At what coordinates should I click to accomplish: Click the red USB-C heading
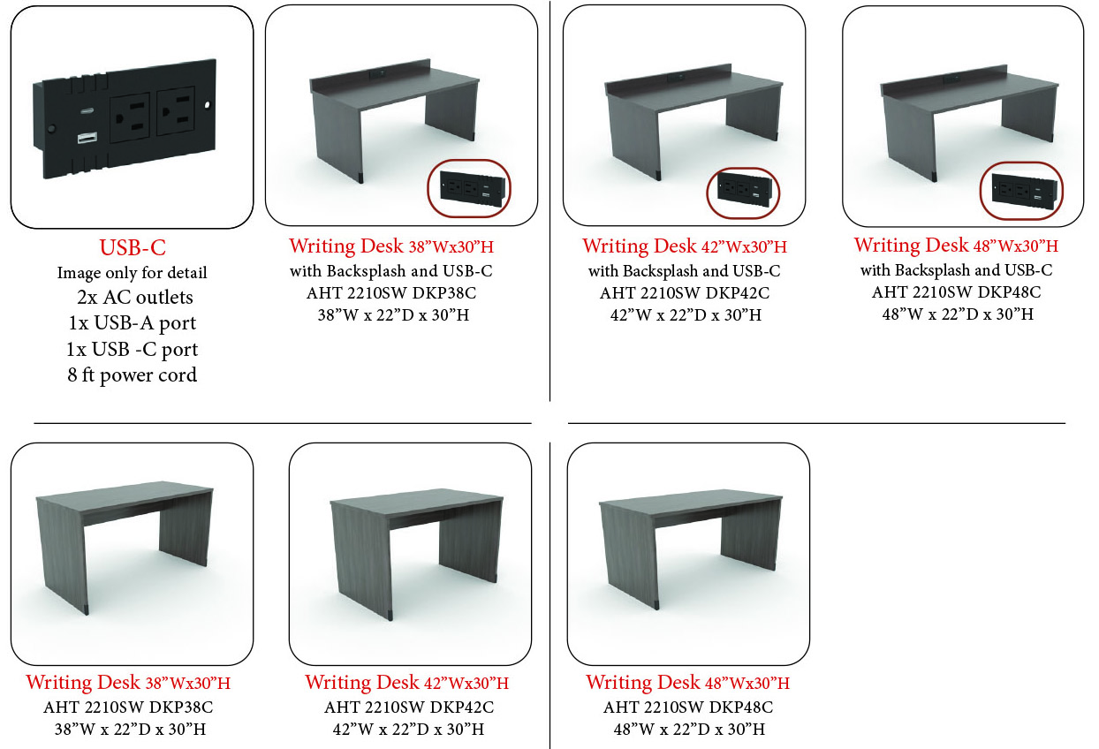pos(133,247)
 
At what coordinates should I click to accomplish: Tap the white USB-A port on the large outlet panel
pos(87,138)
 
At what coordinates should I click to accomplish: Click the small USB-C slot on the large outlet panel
pos(87,111)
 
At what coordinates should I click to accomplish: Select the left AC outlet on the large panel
pos(130,117)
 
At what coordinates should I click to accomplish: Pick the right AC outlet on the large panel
pos(176,111)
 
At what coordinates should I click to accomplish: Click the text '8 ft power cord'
pos(132,375)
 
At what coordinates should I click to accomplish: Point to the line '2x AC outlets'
pos(135,298)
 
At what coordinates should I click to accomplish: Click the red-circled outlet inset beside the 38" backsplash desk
pos(469,188)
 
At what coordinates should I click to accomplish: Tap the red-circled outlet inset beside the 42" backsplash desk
pos(743,193)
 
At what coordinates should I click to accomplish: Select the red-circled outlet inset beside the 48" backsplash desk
pos(1021,192)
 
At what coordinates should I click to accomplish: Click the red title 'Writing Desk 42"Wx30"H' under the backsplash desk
pos(685,246)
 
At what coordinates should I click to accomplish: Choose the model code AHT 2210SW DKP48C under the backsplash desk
pos(956,292)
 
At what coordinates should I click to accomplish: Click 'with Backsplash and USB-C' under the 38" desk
pos(391,271)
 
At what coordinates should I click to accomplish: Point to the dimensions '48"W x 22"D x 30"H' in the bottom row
pos(689,730)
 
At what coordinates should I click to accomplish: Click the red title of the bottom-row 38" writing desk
pos(128,682)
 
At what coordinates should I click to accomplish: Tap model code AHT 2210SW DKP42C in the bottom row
pos(409,707)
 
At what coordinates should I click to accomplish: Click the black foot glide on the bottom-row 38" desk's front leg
pos(87,609)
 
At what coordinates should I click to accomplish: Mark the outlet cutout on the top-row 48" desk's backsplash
pos(951,79)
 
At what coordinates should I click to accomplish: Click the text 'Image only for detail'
pos(132,273)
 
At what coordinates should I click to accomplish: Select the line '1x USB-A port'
pos(132,323)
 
